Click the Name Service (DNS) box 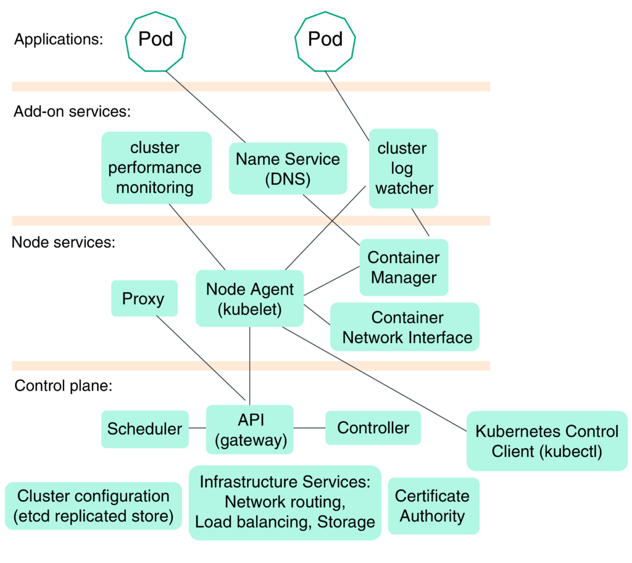(288, 169)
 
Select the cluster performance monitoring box (156, 167)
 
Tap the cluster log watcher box (404, 168)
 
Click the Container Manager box (404, 267)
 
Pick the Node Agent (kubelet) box (249, 299)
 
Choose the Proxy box (144, 299)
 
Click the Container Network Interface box (405, 327)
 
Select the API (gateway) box (250, 430)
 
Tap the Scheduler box (144, 429)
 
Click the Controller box (373, 428)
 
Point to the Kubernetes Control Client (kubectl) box (546, 441)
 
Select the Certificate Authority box (433, 506)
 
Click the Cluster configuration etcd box (93, 506)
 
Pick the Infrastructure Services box (285, 502)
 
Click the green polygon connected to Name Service (156, 41)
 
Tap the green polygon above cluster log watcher (325, 41)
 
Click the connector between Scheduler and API (197, 428)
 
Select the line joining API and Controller (309, 428)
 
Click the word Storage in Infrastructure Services (346, 522)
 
